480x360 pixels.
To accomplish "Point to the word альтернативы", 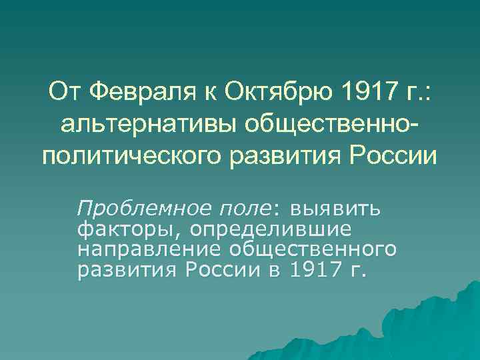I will point(153,123).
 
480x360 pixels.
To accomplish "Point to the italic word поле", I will point(243,209).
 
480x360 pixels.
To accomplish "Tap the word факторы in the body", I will point(118,229).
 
